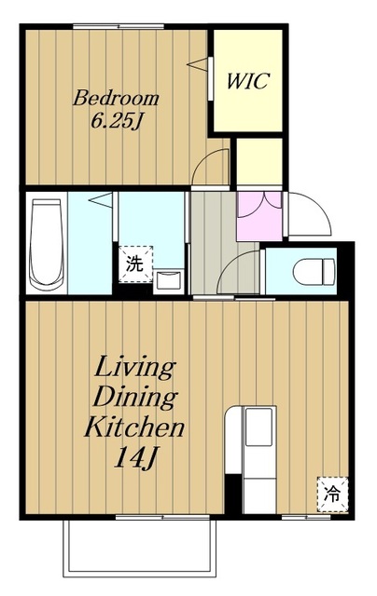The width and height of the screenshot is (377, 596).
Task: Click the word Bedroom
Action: [116, 98]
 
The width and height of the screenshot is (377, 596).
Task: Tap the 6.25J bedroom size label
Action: [117, 121]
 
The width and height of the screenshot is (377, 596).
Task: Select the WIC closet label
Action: [248, 81]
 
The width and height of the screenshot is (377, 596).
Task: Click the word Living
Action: [134, 367]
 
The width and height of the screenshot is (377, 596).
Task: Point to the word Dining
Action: [134, 398]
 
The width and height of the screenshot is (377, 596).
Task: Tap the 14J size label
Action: [135, 457]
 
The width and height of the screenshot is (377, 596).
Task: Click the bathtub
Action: [47, 245]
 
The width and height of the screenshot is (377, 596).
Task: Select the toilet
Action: [314, 271]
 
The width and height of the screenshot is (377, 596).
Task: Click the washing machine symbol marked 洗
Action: [135, 264]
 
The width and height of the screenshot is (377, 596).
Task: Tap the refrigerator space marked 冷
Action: [332, 494]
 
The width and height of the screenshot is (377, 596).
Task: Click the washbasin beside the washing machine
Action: [168, 280]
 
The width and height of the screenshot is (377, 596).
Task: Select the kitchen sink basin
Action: [258, 427]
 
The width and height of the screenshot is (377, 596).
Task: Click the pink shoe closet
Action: [259, 217]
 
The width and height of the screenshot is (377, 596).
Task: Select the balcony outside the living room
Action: [139, 548]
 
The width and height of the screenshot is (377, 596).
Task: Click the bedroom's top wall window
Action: [119, 27]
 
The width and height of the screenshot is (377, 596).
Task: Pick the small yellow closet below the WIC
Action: [259, 161]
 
